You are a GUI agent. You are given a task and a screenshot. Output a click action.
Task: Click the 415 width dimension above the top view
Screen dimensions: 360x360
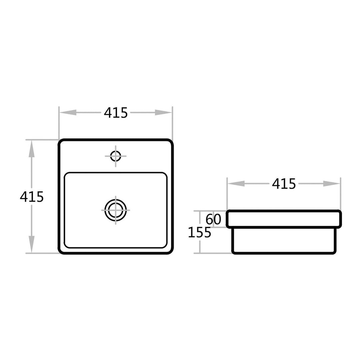point(116,113)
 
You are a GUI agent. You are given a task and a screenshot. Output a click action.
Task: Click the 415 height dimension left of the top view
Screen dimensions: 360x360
point(32,197)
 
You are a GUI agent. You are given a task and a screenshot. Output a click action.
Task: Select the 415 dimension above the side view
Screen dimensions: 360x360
point(284,184)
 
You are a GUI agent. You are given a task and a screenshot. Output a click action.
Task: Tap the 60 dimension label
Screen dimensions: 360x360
point(214,219)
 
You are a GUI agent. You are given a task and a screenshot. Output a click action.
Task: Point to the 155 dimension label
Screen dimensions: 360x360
point(199,232)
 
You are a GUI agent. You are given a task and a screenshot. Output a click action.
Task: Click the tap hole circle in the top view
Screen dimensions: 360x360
point(116,156)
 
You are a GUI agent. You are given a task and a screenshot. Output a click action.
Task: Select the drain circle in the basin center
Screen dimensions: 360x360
point(116,210)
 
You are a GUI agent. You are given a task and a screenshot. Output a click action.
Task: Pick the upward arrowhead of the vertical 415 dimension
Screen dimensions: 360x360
point(32,149)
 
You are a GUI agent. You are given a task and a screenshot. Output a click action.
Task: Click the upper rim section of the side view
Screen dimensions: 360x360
point(284,219)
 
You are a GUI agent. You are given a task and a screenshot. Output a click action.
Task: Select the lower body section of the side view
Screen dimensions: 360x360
point(284,241)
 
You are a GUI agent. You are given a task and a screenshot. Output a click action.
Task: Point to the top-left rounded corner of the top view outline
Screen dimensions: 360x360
point(61,142)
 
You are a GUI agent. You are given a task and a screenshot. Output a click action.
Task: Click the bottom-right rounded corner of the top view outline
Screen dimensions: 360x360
point(171,251)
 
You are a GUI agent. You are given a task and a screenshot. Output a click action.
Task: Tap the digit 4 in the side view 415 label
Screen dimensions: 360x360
point(276,184)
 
